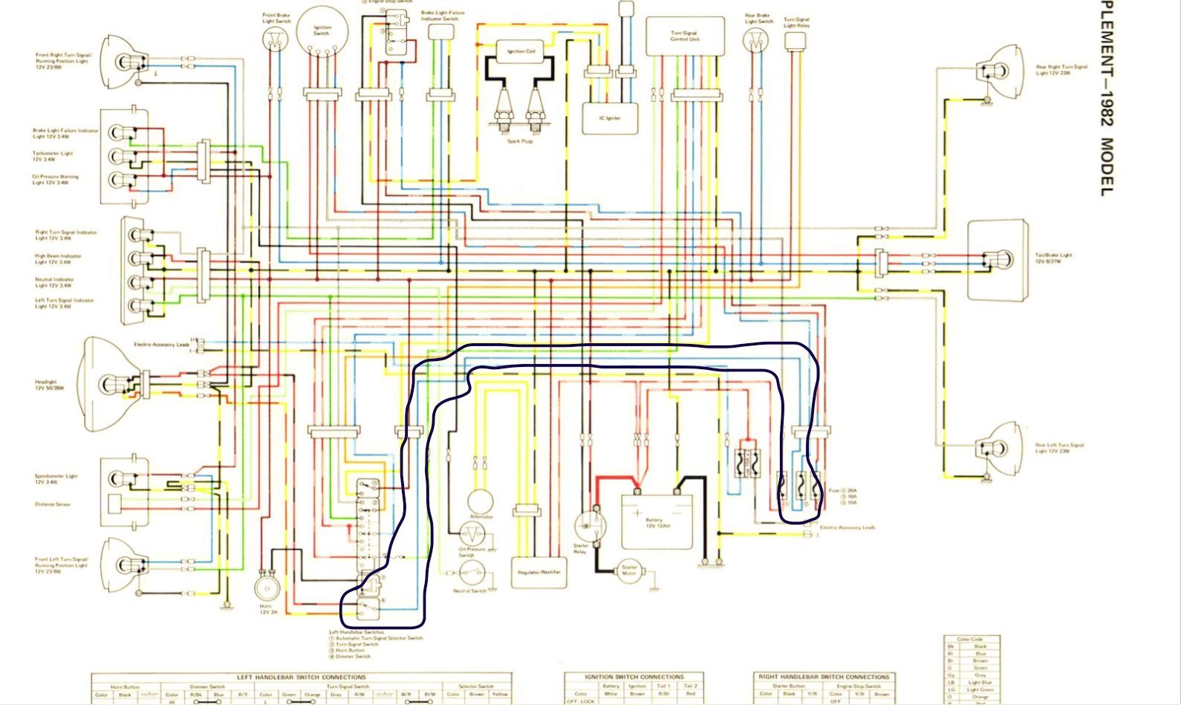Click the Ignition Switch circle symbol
(x=322, y=31)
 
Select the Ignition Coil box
(x=521, y=52)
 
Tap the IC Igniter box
(x=609, y=117)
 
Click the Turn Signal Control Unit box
(x=684, y=36)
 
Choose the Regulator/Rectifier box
(x=539, y=572)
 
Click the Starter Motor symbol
(x=628, y=571)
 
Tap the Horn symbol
(x=266, y=588)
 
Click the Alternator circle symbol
(x=480, y=502)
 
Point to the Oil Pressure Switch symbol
(x=472, y=534)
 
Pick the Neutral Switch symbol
(x=471, y=574)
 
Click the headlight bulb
(x=111, y=385)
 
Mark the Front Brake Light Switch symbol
(x=275, y=39)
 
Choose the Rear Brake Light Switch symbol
(x=755, y=41)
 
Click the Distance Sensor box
(x=114, y=504)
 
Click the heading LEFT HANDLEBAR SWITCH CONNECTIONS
(x=301, y=678)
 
